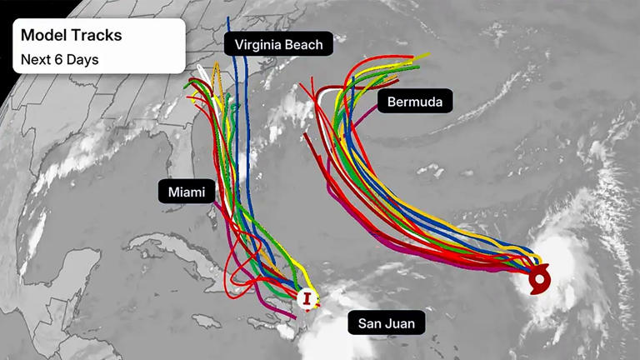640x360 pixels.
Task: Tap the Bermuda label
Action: click(415, 102)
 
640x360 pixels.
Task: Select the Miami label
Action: click(187, 192)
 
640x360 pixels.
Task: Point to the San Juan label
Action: click(386, 322)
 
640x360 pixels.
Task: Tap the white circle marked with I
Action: click(308, 298)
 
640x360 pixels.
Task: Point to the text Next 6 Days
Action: click(59, 60)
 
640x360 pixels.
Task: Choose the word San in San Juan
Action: click(368, 322)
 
